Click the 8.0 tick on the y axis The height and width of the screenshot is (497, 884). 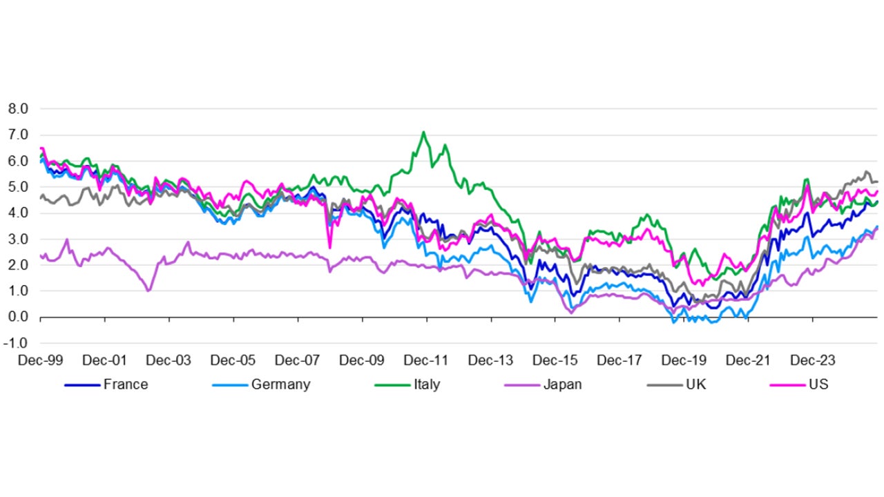pyautogui.click(x=18, y=109)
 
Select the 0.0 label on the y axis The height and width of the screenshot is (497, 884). pyautogui.click(x=18, y=317)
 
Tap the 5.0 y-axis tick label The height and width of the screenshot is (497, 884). pyautogui.click(x=18, y=187)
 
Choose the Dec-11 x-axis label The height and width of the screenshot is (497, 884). pyautogui.click(x=426, y=360)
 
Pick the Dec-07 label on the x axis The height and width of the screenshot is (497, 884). pyautogui.click(x=297, y=360)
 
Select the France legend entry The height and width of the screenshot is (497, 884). pyautogui.click(x=125, y=384)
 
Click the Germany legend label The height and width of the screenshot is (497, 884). pyautogui.click(x=280, y=384)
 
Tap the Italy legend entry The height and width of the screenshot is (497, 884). pyautogui.click(x=426, y=384)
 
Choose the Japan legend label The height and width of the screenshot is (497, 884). pyautogui.click(x=562, y=384)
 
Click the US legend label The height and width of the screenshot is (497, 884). pyautogui.click(x=818, y=384)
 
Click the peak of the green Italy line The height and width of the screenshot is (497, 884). pyautogui.click(x=423, y=133)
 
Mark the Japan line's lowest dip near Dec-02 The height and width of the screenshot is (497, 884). pyautogui.click(x=148, y=291)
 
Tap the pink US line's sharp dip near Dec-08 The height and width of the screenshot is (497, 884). pyautogui.click(x=329, y=247)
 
